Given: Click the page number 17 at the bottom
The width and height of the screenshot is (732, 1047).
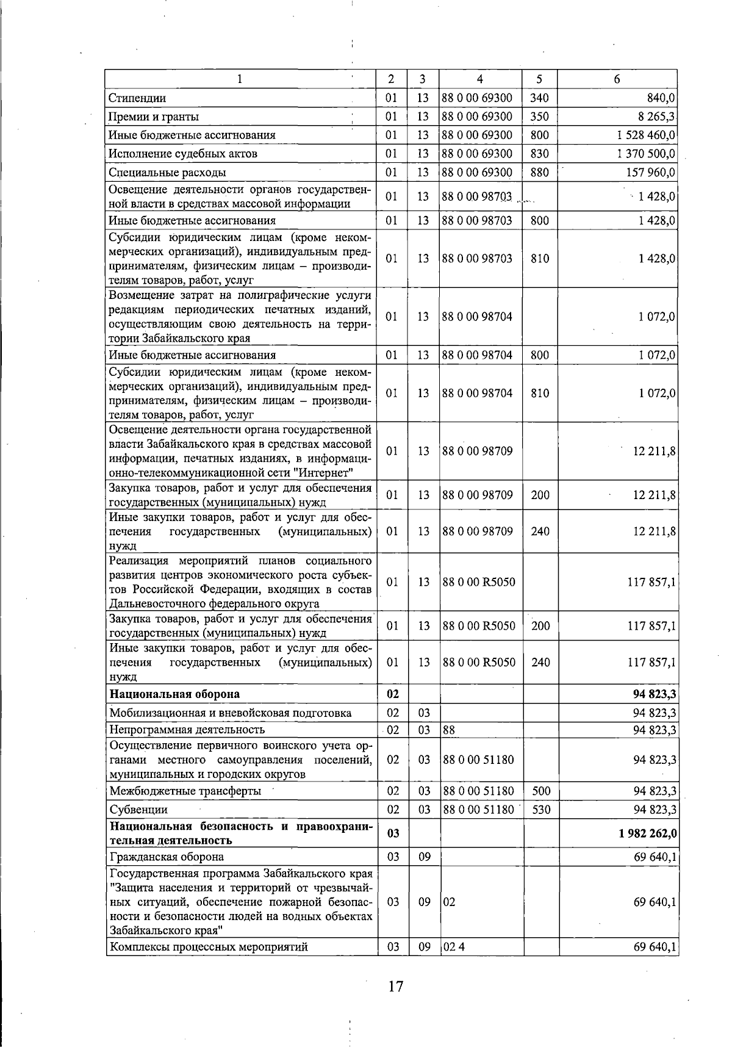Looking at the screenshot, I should tap(395, 985).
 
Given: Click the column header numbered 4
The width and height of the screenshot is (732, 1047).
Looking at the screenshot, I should tap(480, 79).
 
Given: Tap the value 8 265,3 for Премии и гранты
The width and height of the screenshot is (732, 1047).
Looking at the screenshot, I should tap(656, 117).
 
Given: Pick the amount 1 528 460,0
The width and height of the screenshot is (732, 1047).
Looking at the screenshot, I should tap(646, 135).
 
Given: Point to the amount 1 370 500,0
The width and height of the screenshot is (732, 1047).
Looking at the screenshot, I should tap(646, 154).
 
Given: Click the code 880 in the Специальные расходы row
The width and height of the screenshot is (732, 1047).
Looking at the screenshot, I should tap(540, 173).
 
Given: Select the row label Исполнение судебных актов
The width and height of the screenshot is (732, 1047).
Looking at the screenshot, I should tap(183, 154).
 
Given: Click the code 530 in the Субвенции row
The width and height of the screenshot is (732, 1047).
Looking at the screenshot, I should tap(540, 810).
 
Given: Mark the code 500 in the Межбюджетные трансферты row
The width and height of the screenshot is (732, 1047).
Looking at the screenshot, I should tap(540, 791).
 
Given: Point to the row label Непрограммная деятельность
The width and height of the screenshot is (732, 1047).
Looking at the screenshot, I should tap(187, 730).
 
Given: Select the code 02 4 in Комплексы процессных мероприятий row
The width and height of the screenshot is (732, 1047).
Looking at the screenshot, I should tap(450, 947).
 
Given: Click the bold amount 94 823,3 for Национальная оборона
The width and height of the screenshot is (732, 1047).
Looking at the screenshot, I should tap(655, 694).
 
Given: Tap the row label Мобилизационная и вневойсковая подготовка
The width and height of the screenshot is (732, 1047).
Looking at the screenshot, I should tap(230, 713).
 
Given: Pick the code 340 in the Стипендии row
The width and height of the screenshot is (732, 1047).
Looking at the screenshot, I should tap(540, 98).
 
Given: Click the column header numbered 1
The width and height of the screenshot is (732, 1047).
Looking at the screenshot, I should tap(239, 79).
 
